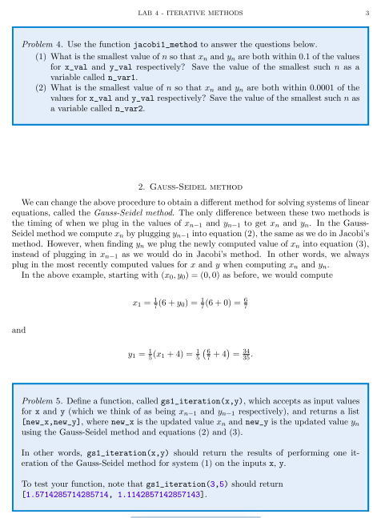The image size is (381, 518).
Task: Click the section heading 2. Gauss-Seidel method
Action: (190, 186)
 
